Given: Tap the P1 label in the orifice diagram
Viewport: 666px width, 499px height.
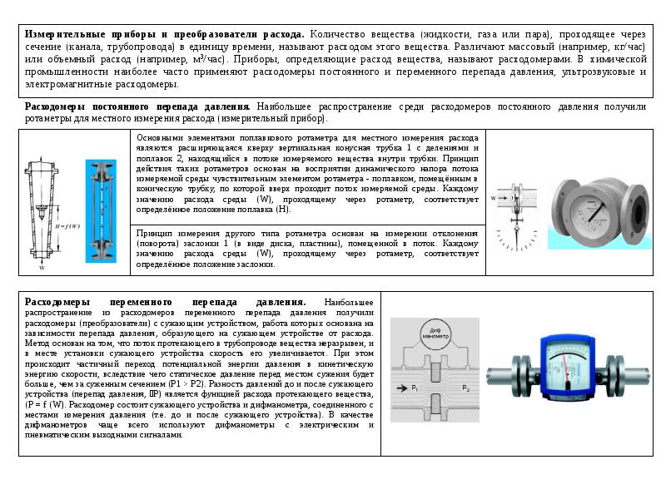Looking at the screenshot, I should [415, 389].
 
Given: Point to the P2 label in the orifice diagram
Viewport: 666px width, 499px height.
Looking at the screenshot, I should [466, 389].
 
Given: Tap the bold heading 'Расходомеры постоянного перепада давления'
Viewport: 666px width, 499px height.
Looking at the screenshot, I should [137, 107].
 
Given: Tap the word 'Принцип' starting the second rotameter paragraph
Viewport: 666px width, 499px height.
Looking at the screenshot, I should [153, 234].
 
